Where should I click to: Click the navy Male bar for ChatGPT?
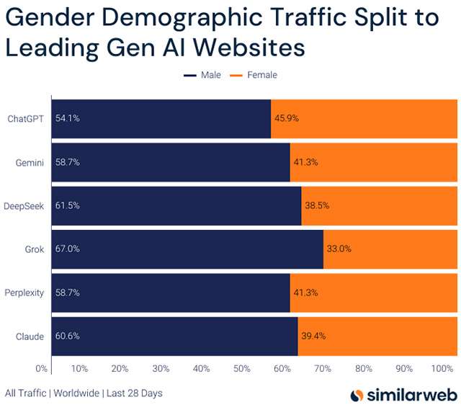click(161, 117)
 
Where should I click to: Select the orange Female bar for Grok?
click(390, 249)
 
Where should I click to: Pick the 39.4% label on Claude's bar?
click(314, 337)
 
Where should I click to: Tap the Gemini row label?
click(30, 162)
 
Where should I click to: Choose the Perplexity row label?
click(24, 293)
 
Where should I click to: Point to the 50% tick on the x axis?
click(242, 369)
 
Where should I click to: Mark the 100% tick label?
click(442, 369)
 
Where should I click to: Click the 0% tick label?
click(42, 369)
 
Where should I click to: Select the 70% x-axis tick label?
click(323, 369)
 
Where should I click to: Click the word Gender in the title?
click(48, 18)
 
